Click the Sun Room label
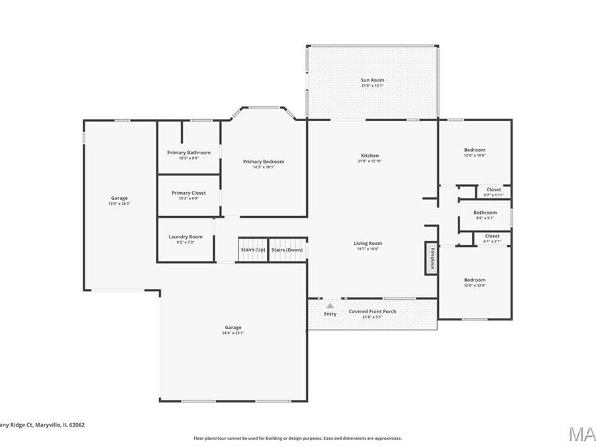click(372, 80)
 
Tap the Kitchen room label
click(368, 156)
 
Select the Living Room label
click(368, 243)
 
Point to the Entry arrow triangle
click(330, 306)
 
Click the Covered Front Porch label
click(372, 311)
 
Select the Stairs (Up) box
click(252, 250)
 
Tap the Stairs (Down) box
click(287, 250)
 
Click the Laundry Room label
click(185, 236)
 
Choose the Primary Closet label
click(189, 193)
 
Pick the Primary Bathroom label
click(189, 152)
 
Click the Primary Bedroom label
click(264, 162)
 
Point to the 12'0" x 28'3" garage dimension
click(119, 203)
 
